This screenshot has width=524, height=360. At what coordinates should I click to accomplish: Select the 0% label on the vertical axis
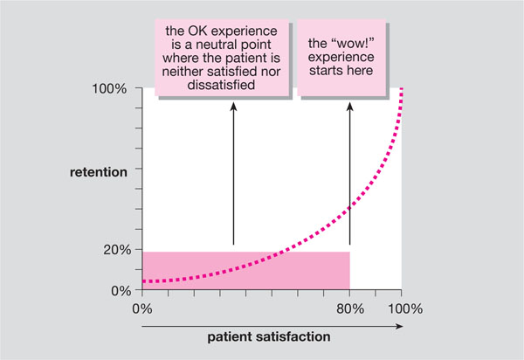click(119, 290)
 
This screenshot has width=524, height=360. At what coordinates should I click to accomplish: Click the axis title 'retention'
click(98, 171)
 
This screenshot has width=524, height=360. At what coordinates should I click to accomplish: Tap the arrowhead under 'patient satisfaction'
click(400, 326)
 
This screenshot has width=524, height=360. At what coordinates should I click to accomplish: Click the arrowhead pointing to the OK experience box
click(233, 107)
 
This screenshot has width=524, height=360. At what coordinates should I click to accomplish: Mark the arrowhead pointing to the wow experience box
click(349, 107)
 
